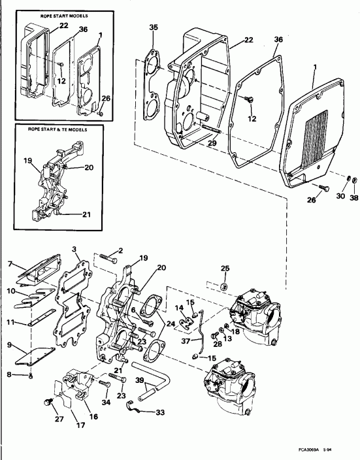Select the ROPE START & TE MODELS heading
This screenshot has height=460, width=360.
click(55, 129)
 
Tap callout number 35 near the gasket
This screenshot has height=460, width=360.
click(154, 27)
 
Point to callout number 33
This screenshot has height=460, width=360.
click(160, 412)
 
